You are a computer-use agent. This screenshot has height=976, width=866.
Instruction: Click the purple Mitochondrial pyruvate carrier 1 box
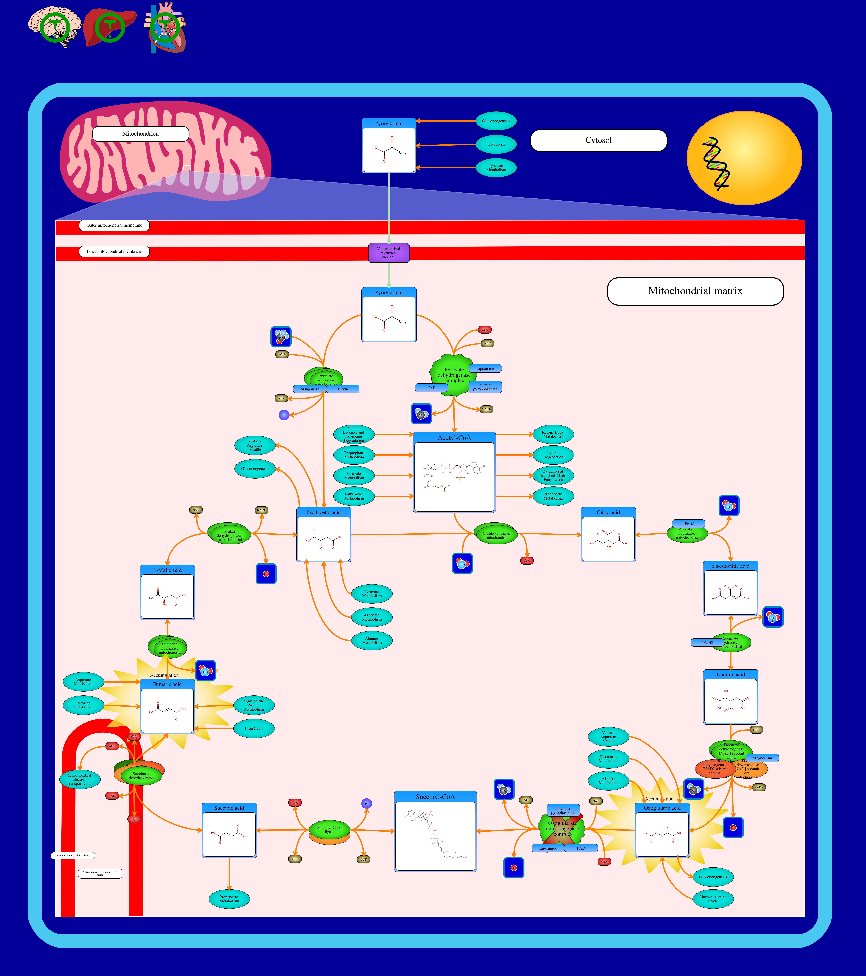tap(389, 253)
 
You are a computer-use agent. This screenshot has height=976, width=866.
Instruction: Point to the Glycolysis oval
tap(496, 144)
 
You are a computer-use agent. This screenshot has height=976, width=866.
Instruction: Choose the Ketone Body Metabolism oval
tap(553, 434)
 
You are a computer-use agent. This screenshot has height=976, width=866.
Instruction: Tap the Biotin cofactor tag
tap(343, 389)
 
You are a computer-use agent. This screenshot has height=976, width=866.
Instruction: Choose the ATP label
tap(282, 354)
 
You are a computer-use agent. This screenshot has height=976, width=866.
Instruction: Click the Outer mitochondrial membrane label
tap(114, 225)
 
